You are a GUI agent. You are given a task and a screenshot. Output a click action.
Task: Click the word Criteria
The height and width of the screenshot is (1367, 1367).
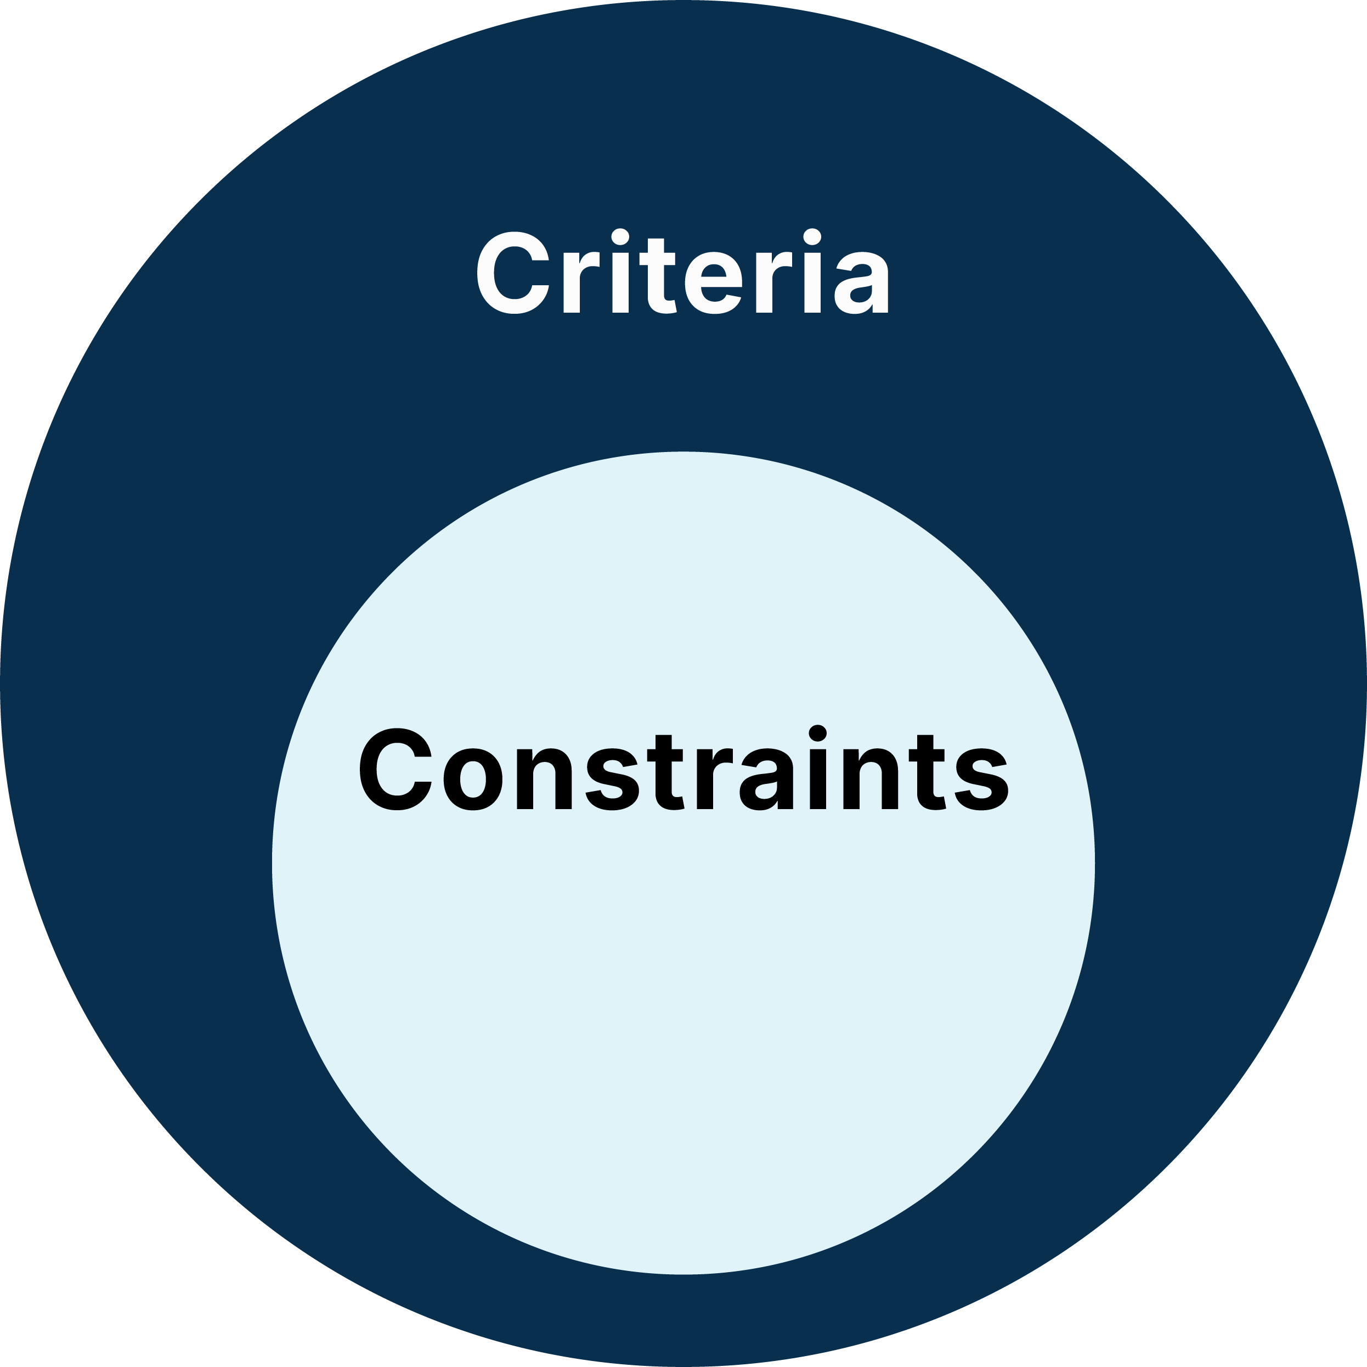(x=683, y=273)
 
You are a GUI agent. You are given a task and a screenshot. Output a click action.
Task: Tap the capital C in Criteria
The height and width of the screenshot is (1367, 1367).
(x=513, y=273)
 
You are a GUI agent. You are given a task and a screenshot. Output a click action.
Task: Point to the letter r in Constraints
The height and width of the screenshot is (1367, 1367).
(x=713, y=778)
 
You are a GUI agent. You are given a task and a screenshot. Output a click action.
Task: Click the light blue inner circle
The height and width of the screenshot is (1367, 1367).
(x=683, y=991)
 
